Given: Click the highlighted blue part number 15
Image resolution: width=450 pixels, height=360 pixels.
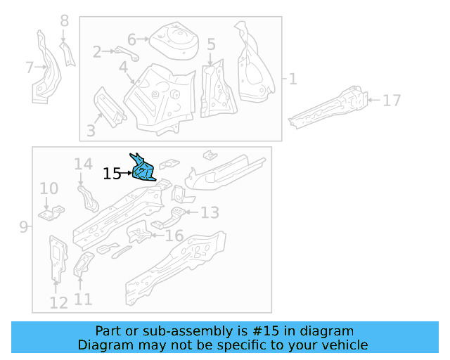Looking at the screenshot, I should pyautogui.click(x=143, y=169).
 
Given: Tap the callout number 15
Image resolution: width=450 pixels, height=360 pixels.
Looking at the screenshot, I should pyautogui.click(x=112, y=173).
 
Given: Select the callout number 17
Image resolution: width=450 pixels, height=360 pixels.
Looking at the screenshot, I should pyautogui.click(x=391, y=101).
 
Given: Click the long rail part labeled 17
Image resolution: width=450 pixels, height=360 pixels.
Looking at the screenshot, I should pyautogui.click(x=330, y=107).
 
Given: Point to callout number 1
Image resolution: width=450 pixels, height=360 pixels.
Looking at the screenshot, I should pyautogui.click(x=292, y=79).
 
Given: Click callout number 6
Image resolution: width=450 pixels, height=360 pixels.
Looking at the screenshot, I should pyautogui.click(x=131, y=39).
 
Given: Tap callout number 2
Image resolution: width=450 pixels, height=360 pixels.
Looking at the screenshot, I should pyautogui.click(x=97, y=51).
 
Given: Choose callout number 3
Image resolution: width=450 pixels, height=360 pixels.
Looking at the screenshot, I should pyautogui.click(x=91, y=130).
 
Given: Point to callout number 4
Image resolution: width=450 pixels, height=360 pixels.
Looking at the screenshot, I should pyautogui.click(x=124, y=67).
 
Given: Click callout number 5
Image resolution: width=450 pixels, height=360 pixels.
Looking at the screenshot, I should pyautogui.click(x=211, y=45).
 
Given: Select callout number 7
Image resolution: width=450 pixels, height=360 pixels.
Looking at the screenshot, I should pyautogui.click(x=30, y=67).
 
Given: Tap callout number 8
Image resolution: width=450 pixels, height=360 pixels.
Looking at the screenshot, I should pyautogui.click(x=64, y=21).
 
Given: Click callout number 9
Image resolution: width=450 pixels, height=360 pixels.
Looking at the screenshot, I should pyautogui.click(x=23, y=226).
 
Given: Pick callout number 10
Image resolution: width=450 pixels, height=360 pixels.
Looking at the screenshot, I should pyautogui.click(x=49, y=188).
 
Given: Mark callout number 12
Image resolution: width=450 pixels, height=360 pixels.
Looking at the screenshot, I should pyautogui.click(x=58, y=302).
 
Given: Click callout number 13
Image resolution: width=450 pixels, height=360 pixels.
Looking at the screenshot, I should pyautogui.click(x=210, y=212).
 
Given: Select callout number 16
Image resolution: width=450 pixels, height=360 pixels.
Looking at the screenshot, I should pyautogui.click(x=174, y=236).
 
